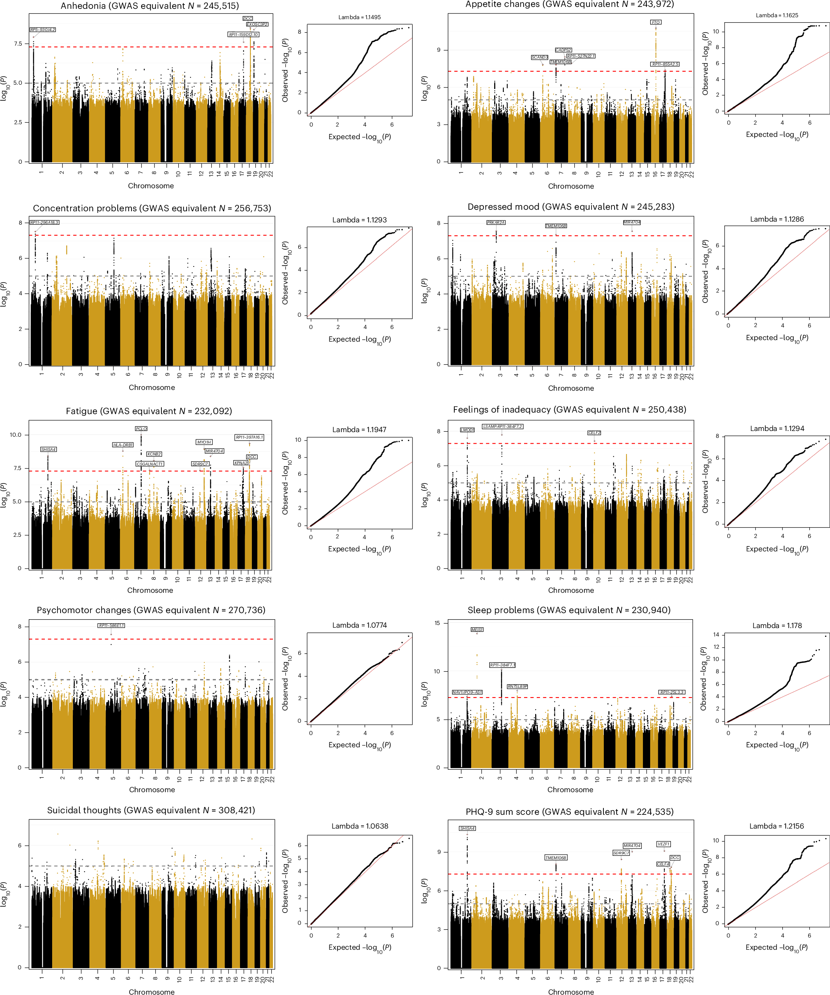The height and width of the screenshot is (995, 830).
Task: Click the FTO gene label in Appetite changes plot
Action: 655,22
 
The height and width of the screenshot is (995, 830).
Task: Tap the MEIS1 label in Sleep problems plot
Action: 477,630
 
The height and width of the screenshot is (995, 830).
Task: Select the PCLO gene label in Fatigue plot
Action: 141,429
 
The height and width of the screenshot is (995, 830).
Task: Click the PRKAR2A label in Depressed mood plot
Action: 496,222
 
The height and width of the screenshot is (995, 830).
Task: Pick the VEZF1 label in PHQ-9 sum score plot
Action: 663,844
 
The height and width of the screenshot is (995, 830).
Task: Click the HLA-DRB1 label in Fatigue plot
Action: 123,445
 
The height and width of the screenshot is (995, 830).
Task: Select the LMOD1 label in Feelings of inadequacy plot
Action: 467,430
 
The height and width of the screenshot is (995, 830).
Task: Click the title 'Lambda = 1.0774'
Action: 359,625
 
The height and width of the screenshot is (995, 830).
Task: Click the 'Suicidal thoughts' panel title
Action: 151,810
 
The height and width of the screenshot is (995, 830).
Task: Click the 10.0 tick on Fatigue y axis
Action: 16,434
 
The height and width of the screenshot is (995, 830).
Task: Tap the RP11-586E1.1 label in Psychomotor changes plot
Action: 111,625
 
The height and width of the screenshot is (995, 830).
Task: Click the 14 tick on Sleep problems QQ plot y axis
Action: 716,635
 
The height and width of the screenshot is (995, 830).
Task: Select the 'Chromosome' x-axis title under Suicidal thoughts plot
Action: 151,991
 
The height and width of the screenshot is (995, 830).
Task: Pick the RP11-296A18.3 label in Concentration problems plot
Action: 44,222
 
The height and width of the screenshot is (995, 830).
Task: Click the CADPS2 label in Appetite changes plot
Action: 563,50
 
